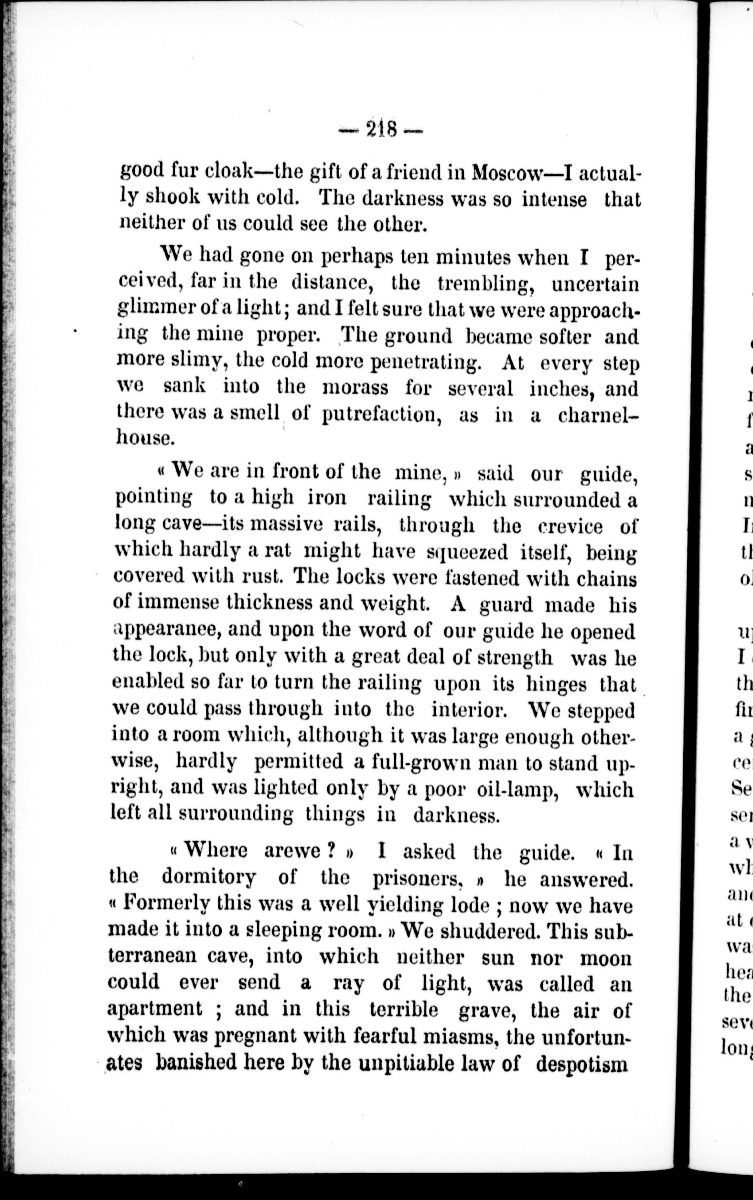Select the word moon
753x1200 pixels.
(x=607, y=956)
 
